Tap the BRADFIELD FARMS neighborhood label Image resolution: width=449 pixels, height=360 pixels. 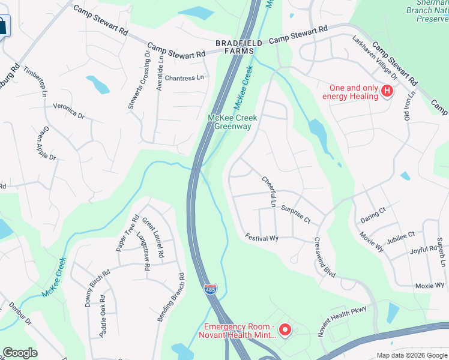coord(240,47)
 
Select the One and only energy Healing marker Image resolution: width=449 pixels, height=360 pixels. coord(387,91)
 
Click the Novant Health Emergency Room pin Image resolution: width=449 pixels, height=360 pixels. coord(285,329)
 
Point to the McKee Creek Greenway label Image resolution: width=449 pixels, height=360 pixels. coord(233,122)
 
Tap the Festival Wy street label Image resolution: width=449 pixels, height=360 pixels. coord(262,238)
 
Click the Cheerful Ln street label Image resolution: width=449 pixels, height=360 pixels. coord(268,191)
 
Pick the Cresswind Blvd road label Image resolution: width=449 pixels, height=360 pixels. coord(324,257)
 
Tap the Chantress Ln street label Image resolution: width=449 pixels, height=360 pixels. coord(184,78)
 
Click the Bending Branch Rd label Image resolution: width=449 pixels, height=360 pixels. coord(170,297)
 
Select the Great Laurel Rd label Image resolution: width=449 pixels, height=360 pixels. coord(153,237)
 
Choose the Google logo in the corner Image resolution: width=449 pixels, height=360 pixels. coord(20,353)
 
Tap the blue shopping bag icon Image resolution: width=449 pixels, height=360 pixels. coord(3,26)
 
